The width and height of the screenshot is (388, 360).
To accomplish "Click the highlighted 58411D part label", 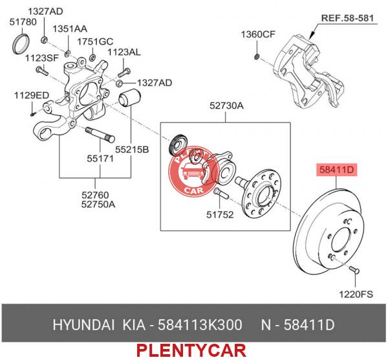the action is pyautogui.click(x=337, y=170).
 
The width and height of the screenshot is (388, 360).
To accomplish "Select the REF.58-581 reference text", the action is pyautogui.click(x=347, y=18).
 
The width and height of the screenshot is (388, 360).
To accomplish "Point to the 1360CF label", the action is pyautogui.click(x=258, y=34).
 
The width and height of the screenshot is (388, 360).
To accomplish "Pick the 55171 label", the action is pyautogui.click(x=100, y=159).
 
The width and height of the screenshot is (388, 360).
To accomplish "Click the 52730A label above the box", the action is pyautogui.click(x=226, y=106).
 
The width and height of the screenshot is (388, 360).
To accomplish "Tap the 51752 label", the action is pyautogui.click(x=220, y=214).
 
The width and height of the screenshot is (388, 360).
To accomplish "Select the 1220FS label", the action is pyautogui.click(x=356, y=295).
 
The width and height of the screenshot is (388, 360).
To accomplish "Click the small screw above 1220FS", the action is pyautogui.click(x=354, y=269).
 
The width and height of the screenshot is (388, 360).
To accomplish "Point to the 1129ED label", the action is pyautogui.click(x=32, y=95).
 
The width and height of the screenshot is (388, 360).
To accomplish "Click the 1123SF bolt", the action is pyautogui.click(x=41, y=71).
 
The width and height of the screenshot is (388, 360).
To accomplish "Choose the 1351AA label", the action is pyautogui.click(x=70, y=29).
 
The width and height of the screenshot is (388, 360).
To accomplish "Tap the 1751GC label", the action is pyautogui.click(x=95, y=41).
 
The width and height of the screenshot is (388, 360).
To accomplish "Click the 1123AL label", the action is pyautogui.click(x=124, y=52).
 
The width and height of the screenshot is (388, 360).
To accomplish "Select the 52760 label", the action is pyautogui.click(x=95, y=196).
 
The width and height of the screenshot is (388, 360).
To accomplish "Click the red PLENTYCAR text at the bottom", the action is pyautogui.click(x=191, y=350).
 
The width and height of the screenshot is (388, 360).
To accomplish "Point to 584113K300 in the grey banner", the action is pyautogui.click(x=200, y=325).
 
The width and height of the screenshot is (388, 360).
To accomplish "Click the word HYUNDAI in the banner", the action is pyautogui.click(x=83, y=325).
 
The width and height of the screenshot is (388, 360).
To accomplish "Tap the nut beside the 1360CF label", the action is pyautogui.click(x=257, y=57).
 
